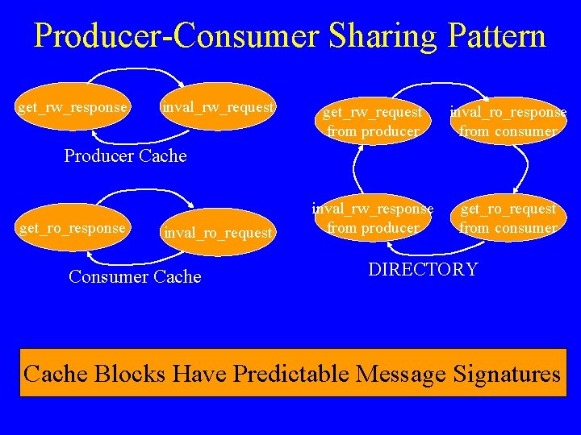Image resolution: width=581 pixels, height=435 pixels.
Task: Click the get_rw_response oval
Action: click(73, 107)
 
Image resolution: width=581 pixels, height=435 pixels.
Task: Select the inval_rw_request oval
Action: click(218, 107)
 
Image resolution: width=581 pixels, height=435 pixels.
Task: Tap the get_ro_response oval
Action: click(73, 228)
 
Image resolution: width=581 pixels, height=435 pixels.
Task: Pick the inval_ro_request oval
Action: click(218, 233)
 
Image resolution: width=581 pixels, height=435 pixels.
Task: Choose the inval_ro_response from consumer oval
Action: click(508, 122)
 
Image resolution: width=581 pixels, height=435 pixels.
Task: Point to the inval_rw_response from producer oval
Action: click(372, 218)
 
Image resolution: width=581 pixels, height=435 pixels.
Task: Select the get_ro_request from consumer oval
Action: click(508, 218)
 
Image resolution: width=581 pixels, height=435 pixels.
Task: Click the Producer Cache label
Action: click(125, 156)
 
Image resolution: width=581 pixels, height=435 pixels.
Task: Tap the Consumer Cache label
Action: click(135, 277)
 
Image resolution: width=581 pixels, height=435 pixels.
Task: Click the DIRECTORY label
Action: click(423, 270)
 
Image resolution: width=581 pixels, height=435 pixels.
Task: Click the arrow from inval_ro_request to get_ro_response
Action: click(141, 261)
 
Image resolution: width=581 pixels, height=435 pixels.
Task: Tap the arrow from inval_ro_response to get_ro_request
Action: click(525, 165)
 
